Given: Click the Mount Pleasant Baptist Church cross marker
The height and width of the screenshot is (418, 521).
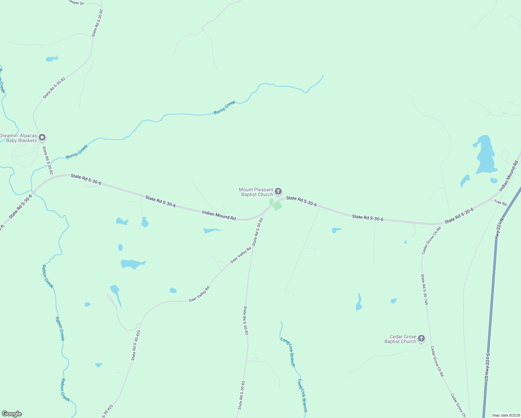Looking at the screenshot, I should [278, 191].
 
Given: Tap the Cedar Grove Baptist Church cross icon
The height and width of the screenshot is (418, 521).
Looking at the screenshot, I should [421, 338].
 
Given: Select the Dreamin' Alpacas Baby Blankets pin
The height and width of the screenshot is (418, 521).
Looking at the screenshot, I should [42, 138].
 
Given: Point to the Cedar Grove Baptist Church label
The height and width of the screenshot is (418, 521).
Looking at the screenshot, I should [401, 339].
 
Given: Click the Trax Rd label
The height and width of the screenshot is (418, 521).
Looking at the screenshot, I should [500, 203].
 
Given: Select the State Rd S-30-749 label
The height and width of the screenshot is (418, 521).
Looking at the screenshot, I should [424, 289].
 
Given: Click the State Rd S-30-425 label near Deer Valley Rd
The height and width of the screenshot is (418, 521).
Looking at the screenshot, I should [136, 345].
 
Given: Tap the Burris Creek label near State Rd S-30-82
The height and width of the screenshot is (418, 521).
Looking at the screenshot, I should [77, 152].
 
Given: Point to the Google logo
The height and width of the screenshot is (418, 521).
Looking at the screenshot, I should [11, 414].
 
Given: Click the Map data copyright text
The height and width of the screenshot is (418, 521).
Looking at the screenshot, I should [506, 415].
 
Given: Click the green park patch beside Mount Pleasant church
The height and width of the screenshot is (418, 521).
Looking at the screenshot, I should [277, 206].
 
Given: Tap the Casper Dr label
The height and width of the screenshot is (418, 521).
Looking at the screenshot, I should [76, 2].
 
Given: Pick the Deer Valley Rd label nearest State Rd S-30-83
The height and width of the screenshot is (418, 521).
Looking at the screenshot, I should [241, 255].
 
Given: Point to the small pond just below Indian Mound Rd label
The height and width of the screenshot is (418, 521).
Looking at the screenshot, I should [212, 230].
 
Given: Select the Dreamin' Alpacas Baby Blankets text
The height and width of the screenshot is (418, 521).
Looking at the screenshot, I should [18, 138].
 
